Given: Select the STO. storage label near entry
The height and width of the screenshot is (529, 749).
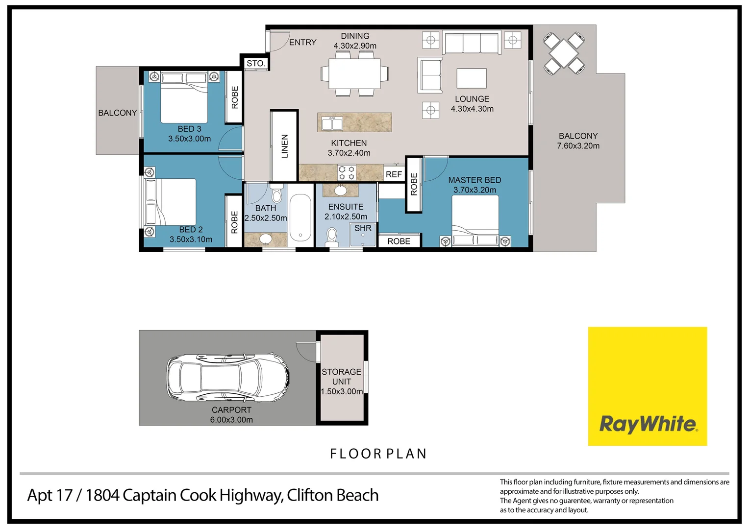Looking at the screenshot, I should (x=256, y=64).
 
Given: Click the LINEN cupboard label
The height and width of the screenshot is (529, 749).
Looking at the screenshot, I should (x=285, y=146).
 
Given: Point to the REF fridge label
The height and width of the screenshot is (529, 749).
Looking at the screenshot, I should (x=394, y=174).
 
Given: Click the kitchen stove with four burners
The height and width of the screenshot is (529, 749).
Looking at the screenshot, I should (x=347, y=173).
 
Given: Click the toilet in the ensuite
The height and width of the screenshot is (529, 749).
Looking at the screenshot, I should (x=332, y=236).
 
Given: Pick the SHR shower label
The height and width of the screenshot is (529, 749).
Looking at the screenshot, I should (x=363, y=228).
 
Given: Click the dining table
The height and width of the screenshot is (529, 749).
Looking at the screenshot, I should (x=354, y=73).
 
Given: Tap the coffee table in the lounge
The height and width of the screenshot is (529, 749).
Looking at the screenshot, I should (x=472, y=78).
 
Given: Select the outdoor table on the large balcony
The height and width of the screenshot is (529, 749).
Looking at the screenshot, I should (x=564, y=53).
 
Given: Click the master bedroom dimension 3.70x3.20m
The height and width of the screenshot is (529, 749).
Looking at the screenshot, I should (x=474, y=190).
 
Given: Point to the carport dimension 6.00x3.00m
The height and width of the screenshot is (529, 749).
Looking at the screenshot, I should (x=231, y=420).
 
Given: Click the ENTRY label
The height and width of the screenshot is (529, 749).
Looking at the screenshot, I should (x=302, y=43).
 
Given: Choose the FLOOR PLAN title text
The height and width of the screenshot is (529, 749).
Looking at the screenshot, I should (x=378, y=454).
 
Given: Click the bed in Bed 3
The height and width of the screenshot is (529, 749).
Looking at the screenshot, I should (x=184, y=98).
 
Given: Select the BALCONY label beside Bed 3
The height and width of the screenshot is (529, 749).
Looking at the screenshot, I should (x=118, y=113).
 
